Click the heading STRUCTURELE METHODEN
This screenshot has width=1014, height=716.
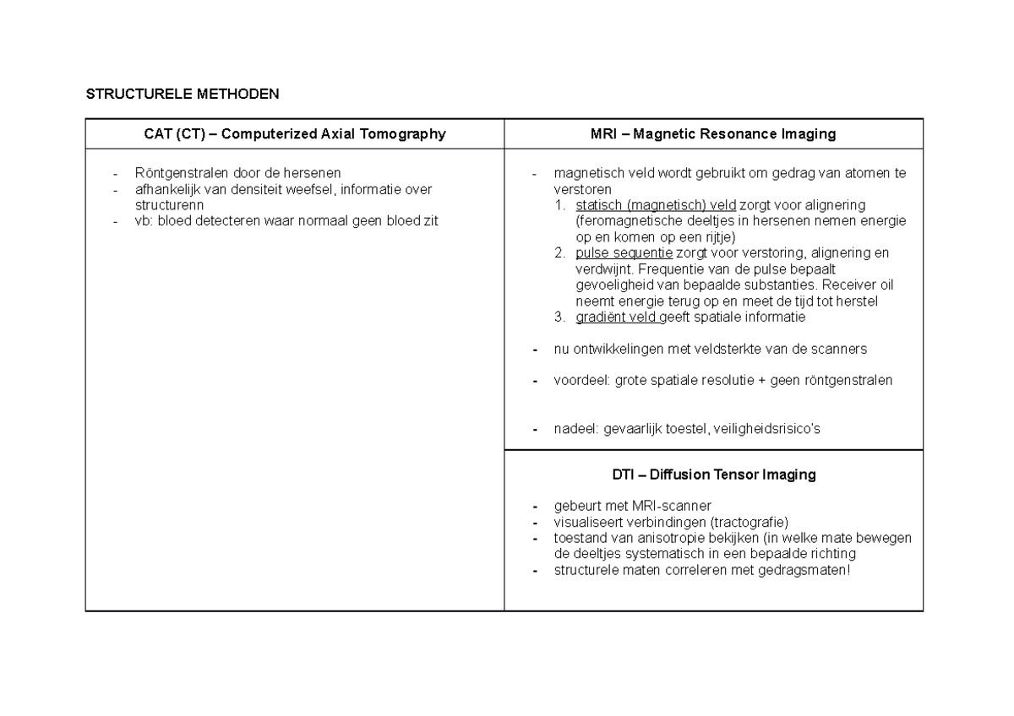tap(182, 94)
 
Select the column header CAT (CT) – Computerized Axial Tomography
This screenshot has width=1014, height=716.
tap(294, 133)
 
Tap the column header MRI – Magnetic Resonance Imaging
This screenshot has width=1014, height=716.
tap(713, 133)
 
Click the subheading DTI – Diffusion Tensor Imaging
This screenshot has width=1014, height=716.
tap(713, 475)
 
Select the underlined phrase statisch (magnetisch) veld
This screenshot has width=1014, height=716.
tap(656, 205)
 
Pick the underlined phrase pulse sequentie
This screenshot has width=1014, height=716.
tap(624, 253)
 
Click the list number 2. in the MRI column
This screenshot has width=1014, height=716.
tap(559, 253)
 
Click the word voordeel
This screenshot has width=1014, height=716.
tap(581, 381)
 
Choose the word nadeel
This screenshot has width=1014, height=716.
tap(575, 429)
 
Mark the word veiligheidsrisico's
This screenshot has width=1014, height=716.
tap(766, 429)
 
